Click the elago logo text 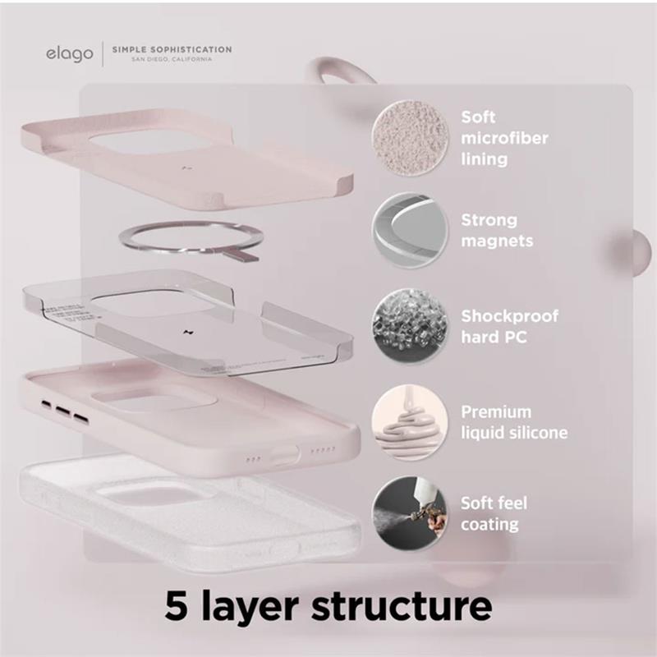click(x=69, y=55)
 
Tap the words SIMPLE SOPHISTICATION click(x=171, y=49)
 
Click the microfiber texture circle click(x=410, y=137)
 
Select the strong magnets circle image click(x=410, y=231)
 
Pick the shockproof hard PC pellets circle click(x=410, y=325)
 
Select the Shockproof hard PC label click(x=509, y=325)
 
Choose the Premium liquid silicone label click(x=513, y=422)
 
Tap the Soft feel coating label click(x=494, y=513)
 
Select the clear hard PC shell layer click(x=189, y=324)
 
